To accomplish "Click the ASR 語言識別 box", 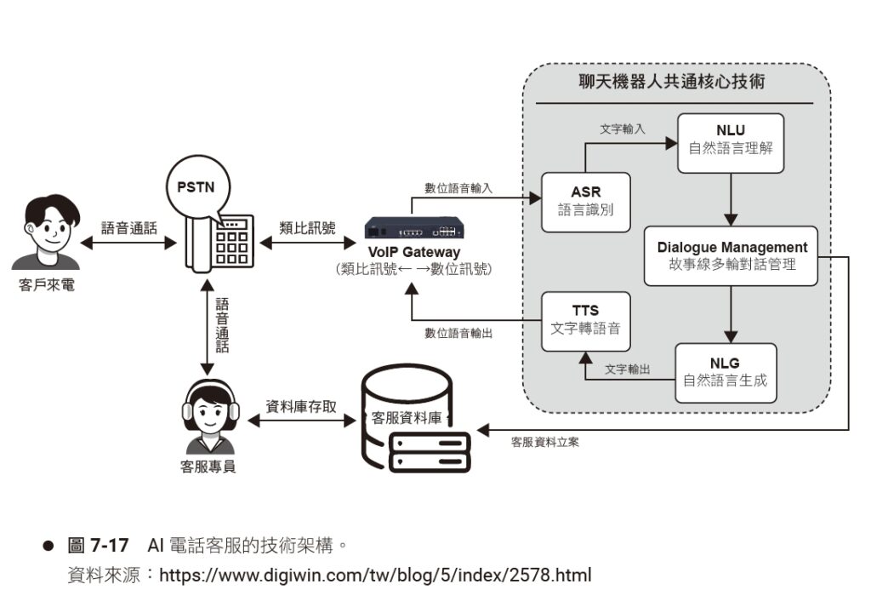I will pyautogui.click(x=586, y=202).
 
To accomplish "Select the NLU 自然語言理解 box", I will pyautogui.click(x=731, y=143).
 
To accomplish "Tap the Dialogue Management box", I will pyautogui.click(x=732, y=255).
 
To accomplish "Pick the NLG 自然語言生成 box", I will pyautogui.click(x=725, y=372).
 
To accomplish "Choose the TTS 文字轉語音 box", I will pyautogui.click(x=586, y=321).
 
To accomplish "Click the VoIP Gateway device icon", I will pyautogui.click(x=414, y=229).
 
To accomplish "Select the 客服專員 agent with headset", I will pyautogui.click(x=208, y=416).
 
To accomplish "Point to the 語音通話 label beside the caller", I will pyautogui.click(x=128, y=228).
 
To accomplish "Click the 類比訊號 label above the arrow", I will pyautogui.click(x=307, y=228).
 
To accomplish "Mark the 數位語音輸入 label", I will pyautogui.click(x=458, y=188).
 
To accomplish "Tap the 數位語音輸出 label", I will pyautogui.click(x=458, y=333).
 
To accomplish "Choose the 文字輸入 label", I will pyautogui.click(x=622, y=129).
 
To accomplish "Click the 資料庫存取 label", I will pyautogui.click(x=301, y=407).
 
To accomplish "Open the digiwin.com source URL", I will pyautogui.click(x=375, y=575).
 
